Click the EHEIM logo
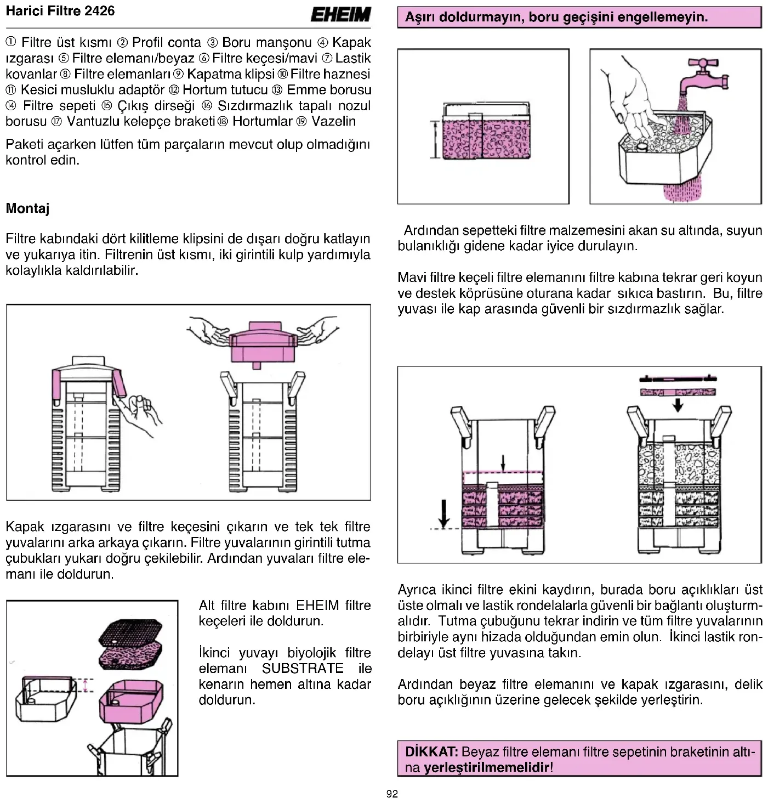340,15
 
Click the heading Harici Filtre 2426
60,11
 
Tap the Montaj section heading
27,208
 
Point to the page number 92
392,794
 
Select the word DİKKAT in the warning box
431,751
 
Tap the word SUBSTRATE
303,669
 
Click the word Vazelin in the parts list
333,121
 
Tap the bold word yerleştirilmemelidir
486,767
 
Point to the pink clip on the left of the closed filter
58,388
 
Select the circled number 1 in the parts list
11,42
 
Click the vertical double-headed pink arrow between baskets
85,686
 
